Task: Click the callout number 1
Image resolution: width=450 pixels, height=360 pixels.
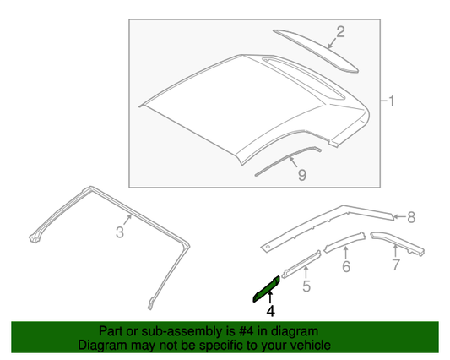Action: click(x=392, y=101)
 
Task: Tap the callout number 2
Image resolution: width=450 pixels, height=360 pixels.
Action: click(x=340, y=32)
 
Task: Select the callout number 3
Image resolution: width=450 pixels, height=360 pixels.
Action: click(x=120, y=232)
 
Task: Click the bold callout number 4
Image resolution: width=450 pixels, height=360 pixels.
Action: click(x=270, y=311)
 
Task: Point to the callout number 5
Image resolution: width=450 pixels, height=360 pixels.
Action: click(x=306, y=286)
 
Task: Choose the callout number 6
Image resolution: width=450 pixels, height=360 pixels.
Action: click(x=346, y=267)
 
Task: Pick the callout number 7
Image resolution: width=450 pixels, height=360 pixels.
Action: click(x=396, y=265)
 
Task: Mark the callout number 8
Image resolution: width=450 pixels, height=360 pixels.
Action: click(x=411, y=217)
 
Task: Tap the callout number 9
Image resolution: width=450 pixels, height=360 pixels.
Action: click(x=302, y=175)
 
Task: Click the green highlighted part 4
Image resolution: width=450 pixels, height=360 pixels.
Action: click(x=266, y=289)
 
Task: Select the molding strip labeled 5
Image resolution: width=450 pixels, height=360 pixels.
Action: click(x=301, y=264)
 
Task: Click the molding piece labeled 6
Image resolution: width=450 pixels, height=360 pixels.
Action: click(x=344, y=243)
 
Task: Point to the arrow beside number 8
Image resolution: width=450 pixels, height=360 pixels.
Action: click(x=399, y=217)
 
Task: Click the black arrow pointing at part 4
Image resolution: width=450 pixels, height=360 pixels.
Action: click(x=270, y=297)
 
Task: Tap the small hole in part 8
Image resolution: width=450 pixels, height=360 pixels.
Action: click(x=268, y=247)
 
